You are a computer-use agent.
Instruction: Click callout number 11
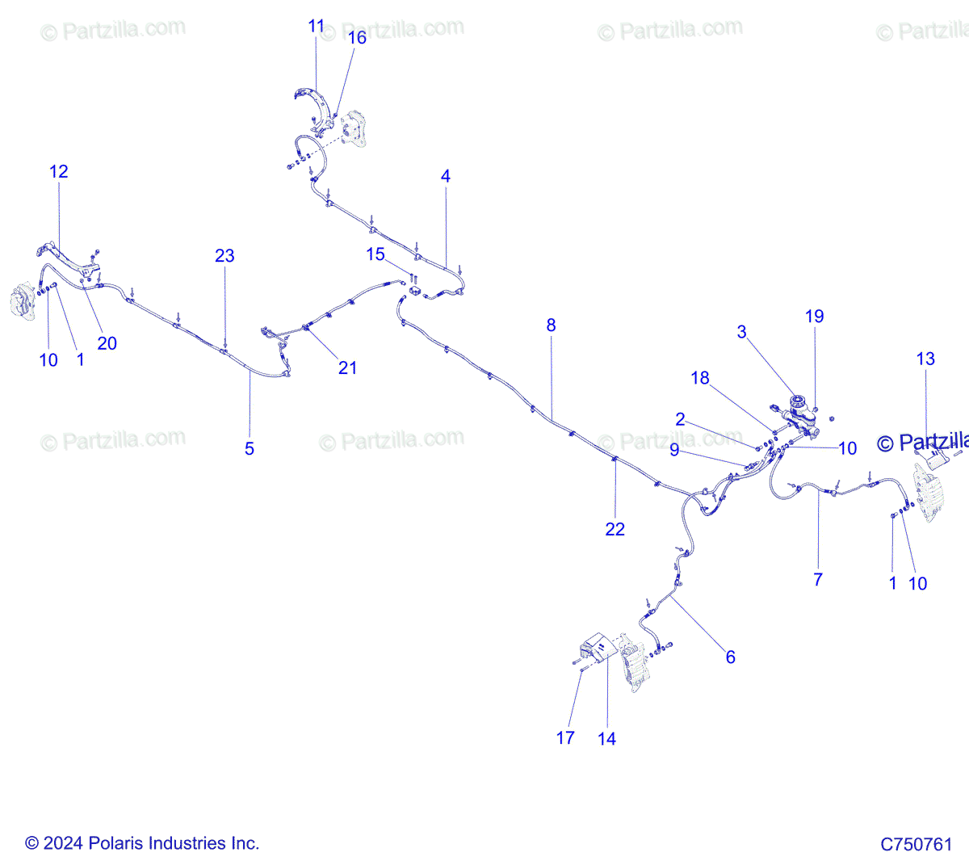316,27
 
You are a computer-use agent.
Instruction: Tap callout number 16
356,38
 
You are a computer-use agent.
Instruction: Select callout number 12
58,171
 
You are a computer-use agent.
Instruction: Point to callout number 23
224,256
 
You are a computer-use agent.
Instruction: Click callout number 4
446,176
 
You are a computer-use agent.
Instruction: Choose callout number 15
375,254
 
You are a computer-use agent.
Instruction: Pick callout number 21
347,367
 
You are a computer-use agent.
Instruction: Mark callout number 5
250,448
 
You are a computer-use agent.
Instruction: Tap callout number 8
551,325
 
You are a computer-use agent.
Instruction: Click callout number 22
615,529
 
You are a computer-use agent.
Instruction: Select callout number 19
814,317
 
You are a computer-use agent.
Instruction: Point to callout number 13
925,359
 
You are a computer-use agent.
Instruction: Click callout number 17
565,737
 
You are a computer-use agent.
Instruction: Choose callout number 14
606,738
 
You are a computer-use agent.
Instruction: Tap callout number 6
730,657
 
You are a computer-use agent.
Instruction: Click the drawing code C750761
916,845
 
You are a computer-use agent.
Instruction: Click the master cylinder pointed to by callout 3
800,411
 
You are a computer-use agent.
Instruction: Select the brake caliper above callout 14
635,665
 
